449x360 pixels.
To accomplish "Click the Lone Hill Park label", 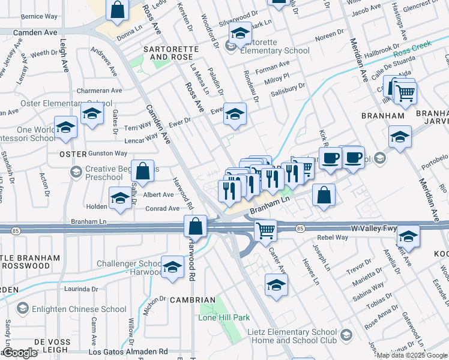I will pos(224,317).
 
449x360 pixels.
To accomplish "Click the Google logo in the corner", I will pos(20,353).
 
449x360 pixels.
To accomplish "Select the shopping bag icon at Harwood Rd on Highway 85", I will pos(196,227).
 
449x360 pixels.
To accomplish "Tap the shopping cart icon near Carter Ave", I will pos(265,230).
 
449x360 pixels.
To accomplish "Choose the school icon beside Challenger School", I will pos(172,266).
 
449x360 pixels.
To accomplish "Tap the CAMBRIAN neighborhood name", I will pos(192,299).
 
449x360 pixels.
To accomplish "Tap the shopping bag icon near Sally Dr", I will pos(143,171).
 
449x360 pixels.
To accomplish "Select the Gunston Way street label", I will pos(107,154).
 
